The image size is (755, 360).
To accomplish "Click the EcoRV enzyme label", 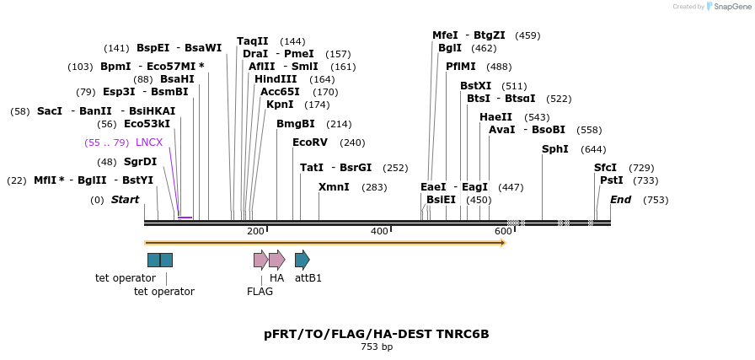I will tap(309, 142).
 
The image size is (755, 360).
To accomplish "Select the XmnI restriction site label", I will tap(334, 187).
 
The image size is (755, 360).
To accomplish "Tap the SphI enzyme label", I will tap(555, 149).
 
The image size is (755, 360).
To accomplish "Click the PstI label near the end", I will tap(612, 180).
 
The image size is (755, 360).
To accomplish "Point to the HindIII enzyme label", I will tap(276, 79).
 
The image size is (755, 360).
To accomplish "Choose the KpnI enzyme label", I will tap(280, 105).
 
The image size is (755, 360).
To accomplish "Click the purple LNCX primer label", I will tap(149, 142).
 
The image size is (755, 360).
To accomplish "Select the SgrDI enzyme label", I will tap(141, 162).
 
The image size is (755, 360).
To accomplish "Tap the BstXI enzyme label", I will tap(475, 86).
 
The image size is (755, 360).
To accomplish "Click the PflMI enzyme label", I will tap(461, 67).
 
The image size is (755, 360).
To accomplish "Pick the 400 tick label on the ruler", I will tap(379, 232).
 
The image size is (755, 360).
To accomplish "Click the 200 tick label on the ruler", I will tap(255, 232).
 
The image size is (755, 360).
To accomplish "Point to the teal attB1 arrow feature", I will tap(303, 260).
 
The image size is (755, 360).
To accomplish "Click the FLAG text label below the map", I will tap(260, 292).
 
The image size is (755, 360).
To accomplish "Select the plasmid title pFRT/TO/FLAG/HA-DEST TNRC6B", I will tap(377, 334).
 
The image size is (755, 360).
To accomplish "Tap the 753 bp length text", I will tap(377, 347).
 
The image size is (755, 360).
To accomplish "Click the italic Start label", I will tap(125, 200).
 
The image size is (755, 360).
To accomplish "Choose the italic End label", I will tap(620, 200).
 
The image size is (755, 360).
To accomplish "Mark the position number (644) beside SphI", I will tap(593, 149).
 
